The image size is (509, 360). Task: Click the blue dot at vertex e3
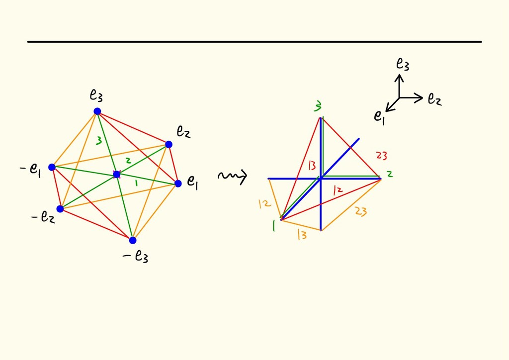pos(97,111)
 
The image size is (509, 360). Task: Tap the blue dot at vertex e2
pos(169,144)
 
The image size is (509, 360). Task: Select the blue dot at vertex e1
pos(178,183)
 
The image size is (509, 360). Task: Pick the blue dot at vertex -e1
pos(52,167)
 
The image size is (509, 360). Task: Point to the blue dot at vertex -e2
pos(60,209)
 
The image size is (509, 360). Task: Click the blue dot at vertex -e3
pos(133,240)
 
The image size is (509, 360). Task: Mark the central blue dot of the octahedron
pos(117,174)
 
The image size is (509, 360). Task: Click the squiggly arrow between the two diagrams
pos(232,176)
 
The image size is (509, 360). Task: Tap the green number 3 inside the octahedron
pos(99,141)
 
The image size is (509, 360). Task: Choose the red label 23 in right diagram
pos(381,156)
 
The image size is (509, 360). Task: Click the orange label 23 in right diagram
pos(361,211)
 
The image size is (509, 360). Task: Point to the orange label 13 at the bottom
pos(302,235)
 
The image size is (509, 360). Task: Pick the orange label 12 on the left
pos(264,203)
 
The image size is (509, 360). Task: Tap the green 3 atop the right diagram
pos(318,106)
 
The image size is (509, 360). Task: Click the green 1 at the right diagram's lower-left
pos(273,226)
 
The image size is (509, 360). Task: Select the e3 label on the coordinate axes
pos(403,64)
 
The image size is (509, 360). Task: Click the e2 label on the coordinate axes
pos(434,99)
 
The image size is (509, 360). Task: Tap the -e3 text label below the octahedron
pos(136,257)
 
